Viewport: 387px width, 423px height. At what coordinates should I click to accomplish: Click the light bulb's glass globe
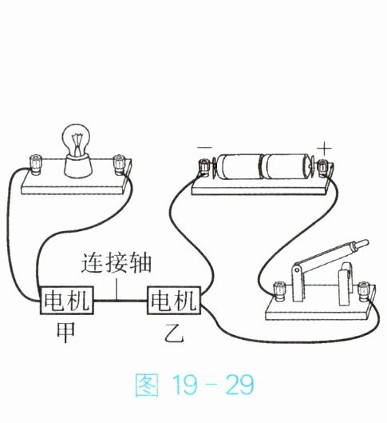(76, 139)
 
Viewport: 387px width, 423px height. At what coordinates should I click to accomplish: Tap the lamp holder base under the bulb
(77, 165)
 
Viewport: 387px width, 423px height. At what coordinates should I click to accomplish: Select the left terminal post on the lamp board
(36, 164)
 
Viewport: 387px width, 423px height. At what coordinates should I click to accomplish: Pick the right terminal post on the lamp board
(118, 164)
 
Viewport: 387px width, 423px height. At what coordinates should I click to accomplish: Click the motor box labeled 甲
(67, 300)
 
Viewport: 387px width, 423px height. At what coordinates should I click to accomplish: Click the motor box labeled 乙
(174, 300)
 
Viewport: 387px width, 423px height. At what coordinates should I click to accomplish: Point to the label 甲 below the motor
(66, 333)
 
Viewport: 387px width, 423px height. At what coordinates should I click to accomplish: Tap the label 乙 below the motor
(175, 333)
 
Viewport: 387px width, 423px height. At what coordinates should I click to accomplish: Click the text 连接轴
(116, 263)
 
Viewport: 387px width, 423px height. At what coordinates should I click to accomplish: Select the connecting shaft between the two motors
(120, 300)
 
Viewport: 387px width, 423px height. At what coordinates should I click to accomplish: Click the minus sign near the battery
(204, 147)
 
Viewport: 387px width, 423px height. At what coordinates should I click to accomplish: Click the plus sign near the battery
(324, 149)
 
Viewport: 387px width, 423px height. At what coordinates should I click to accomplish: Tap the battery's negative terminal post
(204, 168)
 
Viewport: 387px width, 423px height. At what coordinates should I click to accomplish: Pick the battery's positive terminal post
(322, 168)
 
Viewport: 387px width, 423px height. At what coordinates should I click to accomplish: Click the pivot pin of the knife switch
(297, 269)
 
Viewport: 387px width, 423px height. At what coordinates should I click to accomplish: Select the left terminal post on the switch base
(279, 291)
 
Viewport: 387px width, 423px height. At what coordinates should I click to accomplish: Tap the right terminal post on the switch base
(364, 291)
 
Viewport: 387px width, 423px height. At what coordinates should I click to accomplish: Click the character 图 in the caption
(147, 385)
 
